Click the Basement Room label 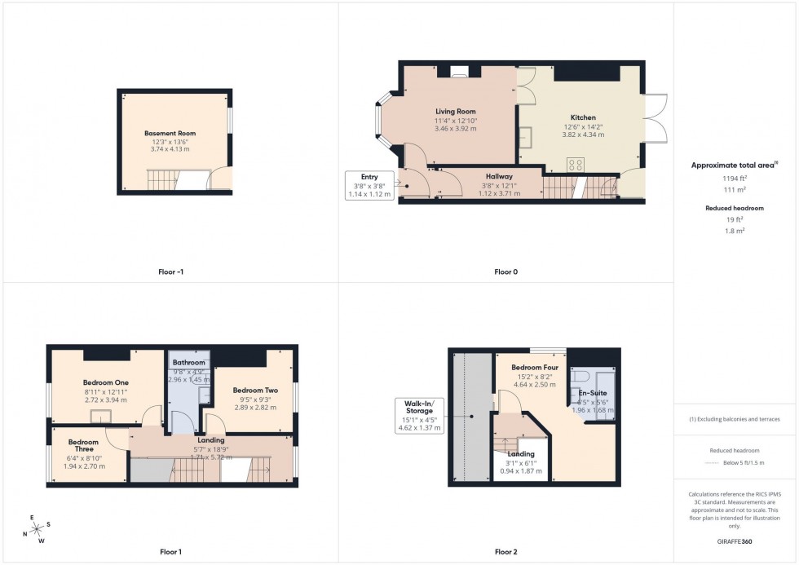point(170,133)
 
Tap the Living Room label point(455,112)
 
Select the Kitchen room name point(582,117)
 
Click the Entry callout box point(370,186)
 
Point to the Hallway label point(499,176)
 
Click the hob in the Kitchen point(576,163)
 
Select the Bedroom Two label point(255,391)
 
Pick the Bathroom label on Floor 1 point(188,363)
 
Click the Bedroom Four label point(534,368)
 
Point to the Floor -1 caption point(170,271)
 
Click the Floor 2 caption point(505,552)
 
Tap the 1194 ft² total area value point(735,177)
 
